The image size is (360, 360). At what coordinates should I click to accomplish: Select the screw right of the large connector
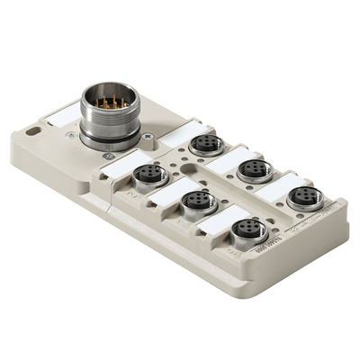pyautogui.click(x=147, y=136)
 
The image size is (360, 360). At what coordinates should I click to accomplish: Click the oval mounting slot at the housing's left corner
pyautogui.click(x=33, y=131)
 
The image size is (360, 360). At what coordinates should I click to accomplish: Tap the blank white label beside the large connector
pyautogui.click(x=62, y=113)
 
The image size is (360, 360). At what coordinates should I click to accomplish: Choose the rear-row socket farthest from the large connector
pyautogui.click(x=304, y=195)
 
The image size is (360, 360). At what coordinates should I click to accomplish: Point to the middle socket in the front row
pyautogui.click(x=195, y=201)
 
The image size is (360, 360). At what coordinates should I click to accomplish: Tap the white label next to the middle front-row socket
pyautogui.click(x=166, y=192)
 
